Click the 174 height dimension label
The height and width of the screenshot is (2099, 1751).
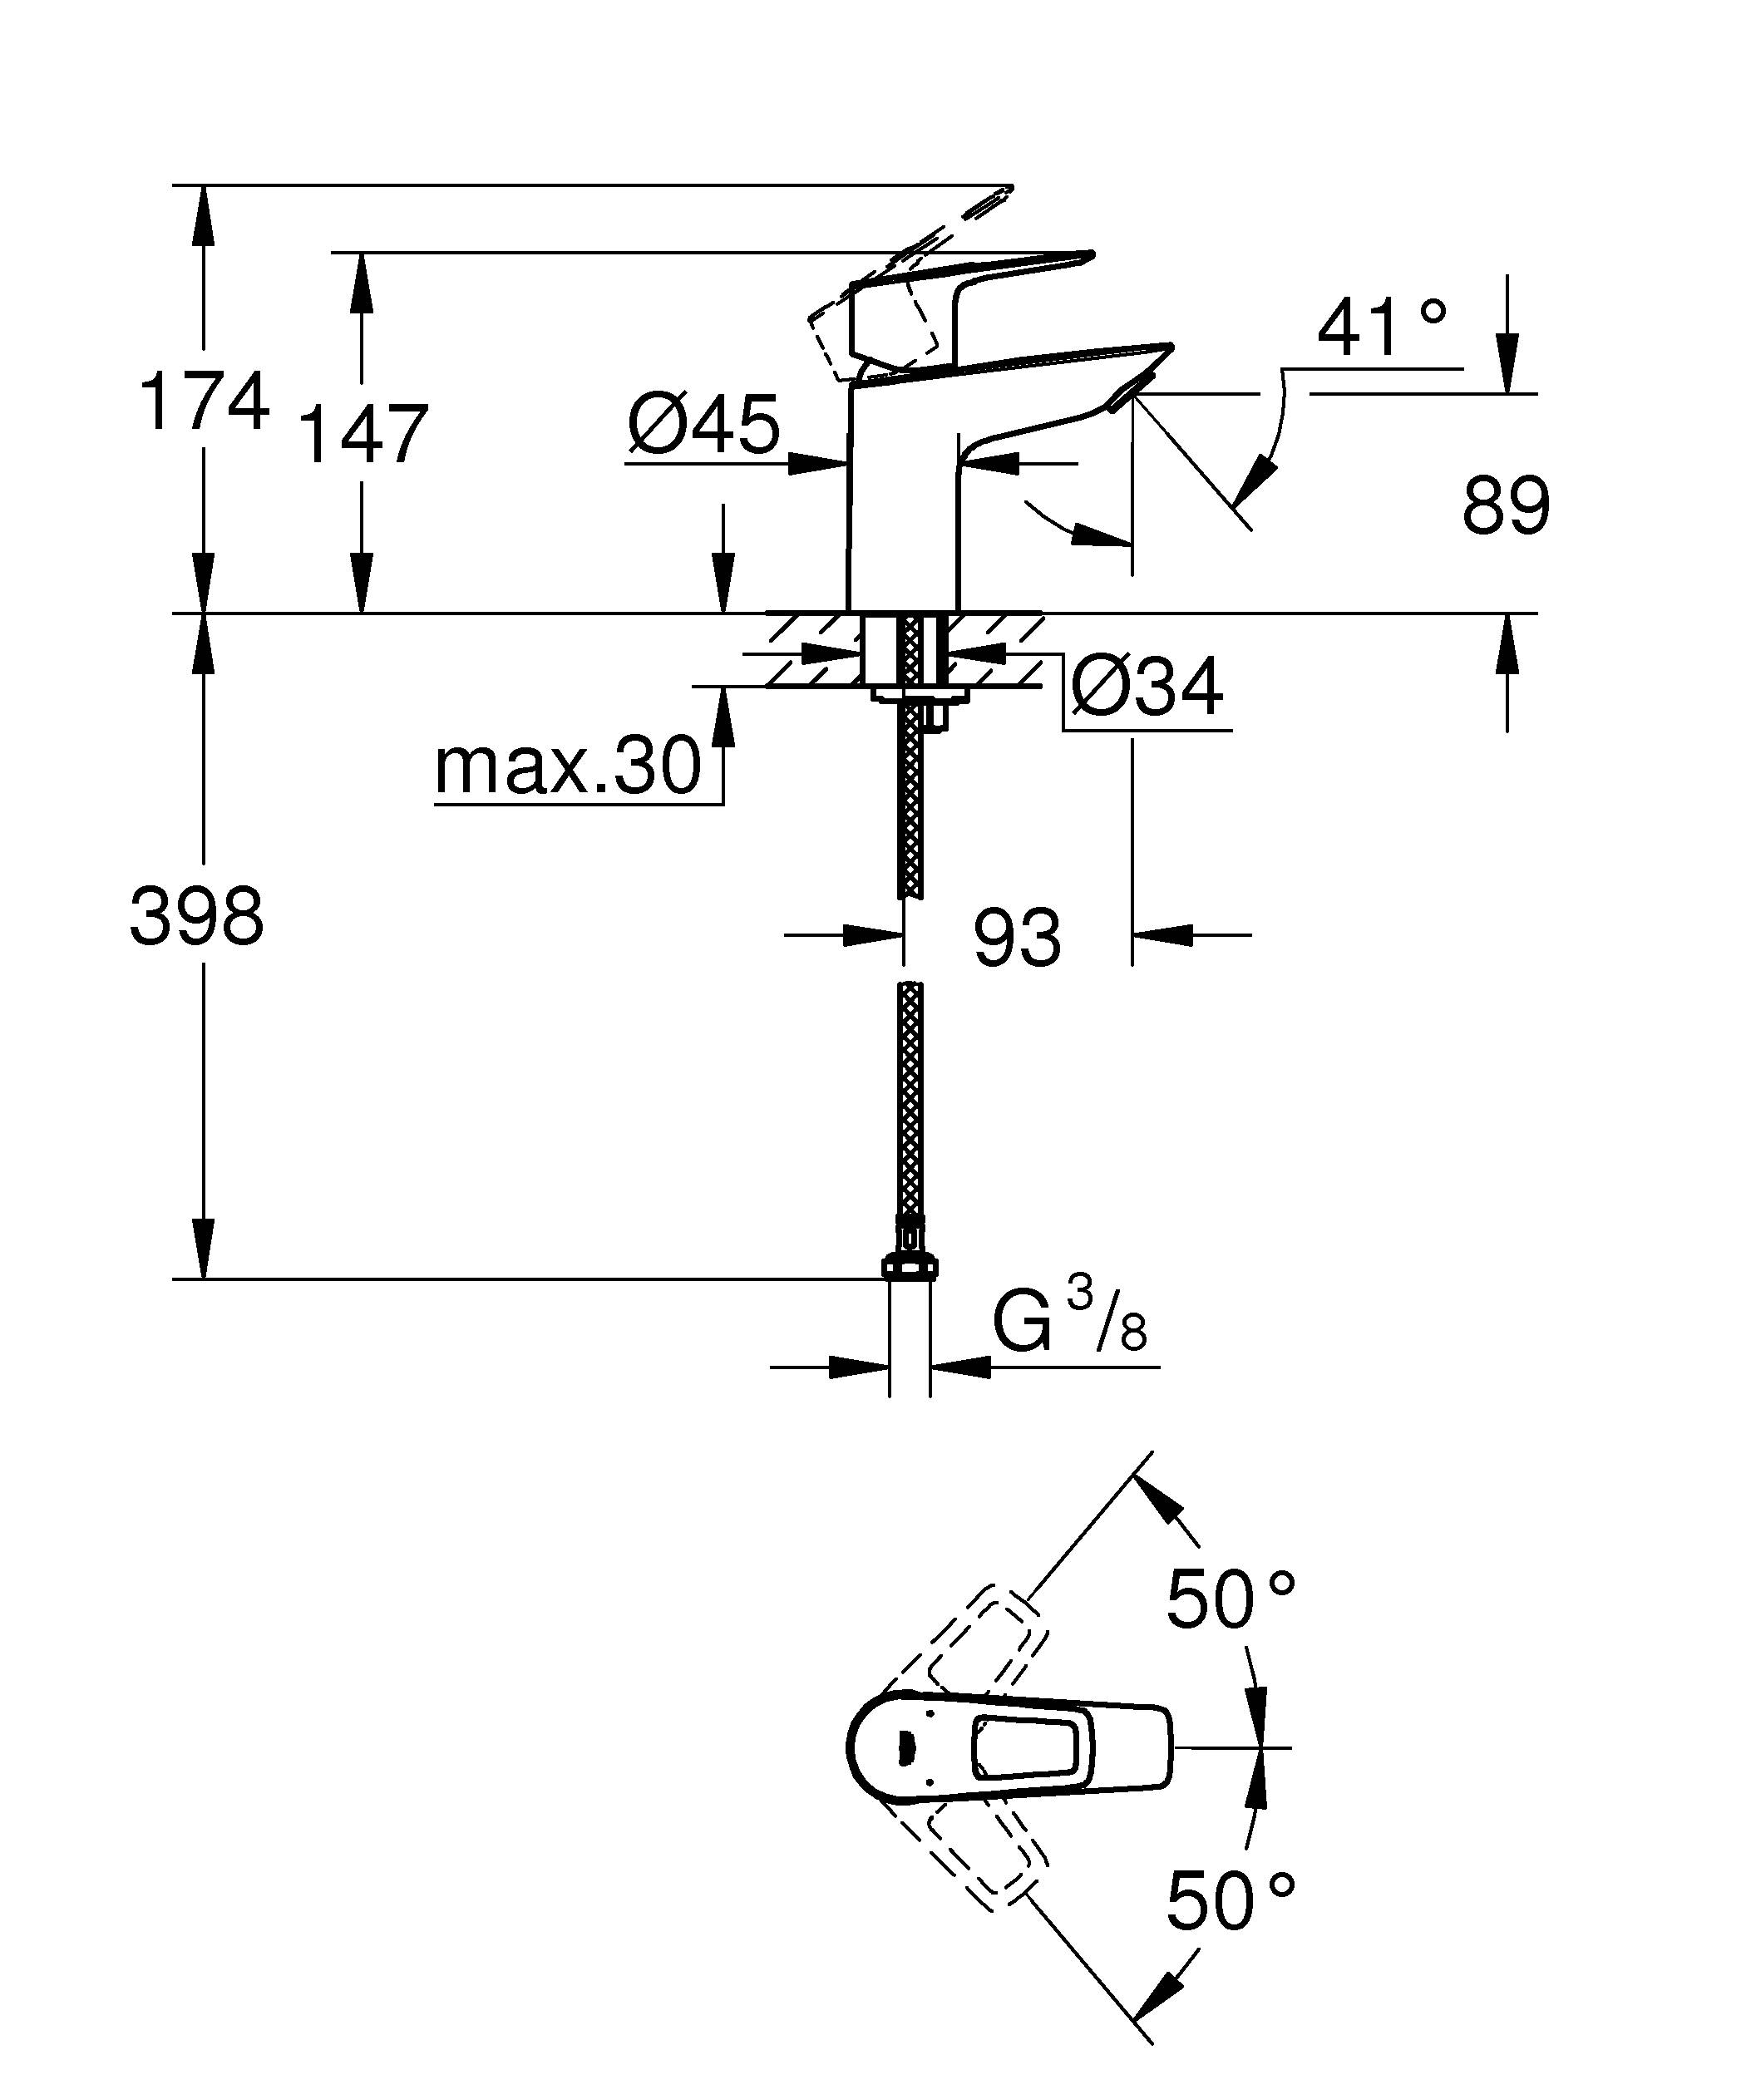(204, 401)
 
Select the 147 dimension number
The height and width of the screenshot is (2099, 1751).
(363, 435)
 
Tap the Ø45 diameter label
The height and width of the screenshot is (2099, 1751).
(703, 424)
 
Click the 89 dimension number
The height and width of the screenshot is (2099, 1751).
(1505, 505)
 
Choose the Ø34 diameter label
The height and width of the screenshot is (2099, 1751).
(1147, 687)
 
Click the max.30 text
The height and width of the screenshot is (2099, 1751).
(568, 766)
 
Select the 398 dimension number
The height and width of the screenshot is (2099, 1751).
(197, 917)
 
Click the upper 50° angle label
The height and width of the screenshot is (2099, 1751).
(1231, 1600)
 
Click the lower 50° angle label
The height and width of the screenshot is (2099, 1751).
(1231, 1901)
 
